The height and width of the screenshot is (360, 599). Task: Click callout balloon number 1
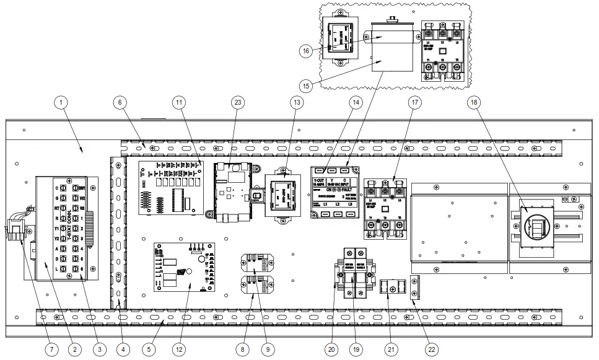[65, 101]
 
